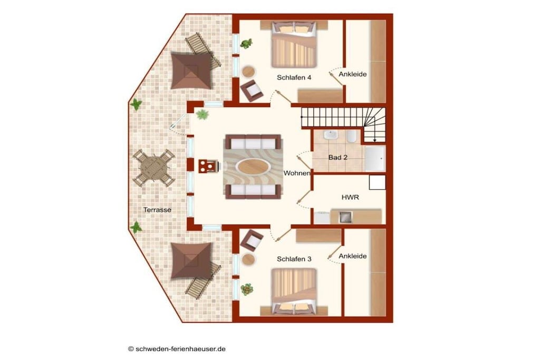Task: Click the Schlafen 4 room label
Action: [x=294, y=78]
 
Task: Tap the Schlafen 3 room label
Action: [x=294, y=259]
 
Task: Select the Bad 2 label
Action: [x=337, y=158]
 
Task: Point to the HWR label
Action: [x=350, y=198]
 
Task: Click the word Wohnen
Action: [x=296, y=173]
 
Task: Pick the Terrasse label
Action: [x=157, y=210]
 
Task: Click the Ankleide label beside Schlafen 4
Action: [x=352, y=74]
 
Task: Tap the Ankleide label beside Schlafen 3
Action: [x=352, y=256]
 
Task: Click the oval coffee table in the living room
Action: [x=253, y=167]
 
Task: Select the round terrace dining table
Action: [x=154, y=168]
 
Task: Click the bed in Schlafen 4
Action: [x=294, y=44]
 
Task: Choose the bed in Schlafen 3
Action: [x=294, y=292]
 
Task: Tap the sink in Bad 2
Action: [x=331, y=135]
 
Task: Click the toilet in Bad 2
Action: [x=351, y=137]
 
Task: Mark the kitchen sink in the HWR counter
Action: [x=345, y=217]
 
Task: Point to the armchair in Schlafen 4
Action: [x=252, y=91]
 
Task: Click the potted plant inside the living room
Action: [x=202, y=114]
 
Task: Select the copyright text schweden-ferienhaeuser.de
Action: [x=177, y=348]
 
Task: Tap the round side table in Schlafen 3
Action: [x=248, y=259]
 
